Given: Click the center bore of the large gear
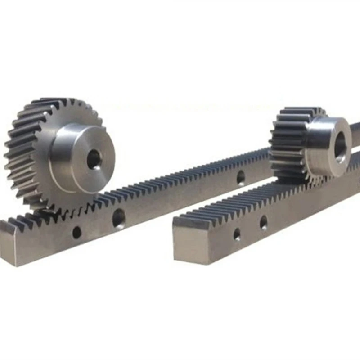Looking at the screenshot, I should [x=94, y=159].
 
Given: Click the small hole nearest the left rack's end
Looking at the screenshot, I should [x=77, y=232].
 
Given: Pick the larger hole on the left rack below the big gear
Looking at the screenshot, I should [x=119, y=219].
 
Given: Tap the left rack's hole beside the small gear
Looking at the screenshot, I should [x=241, y=178].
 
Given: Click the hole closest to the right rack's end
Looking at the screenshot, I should [x=237, y=234].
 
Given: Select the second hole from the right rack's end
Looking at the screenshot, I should [x=263, y=222].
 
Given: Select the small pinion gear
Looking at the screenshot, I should [x=310, y=144].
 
